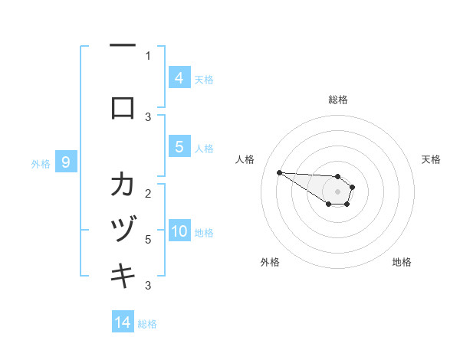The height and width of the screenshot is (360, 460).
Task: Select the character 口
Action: pos(123,108)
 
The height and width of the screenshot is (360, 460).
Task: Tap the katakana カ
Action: pos(123,186)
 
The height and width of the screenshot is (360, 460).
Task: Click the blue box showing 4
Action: pos(179,78)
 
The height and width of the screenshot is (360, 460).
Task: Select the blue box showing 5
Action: pos(179,148)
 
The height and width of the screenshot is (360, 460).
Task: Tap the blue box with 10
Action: pos(179,232)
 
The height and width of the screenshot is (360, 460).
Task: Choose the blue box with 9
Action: pos(66,162)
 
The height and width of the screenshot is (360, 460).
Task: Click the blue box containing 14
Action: pos(123,323)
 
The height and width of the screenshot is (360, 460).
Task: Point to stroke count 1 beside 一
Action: pos(148,55)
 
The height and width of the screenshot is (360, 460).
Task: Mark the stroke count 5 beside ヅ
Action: pos(148,240)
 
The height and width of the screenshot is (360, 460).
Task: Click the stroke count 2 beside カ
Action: pos(148,192)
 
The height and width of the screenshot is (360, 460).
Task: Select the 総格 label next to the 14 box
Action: pos(147,324)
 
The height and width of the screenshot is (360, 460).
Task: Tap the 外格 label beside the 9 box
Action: pos(41,163)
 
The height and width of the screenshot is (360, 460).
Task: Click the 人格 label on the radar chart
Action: pos(245,159)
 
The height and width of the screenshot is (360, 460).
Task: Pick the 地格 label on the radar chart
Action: pos(402,262)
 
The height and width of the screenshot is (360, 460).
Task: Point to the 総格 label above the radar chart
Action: pos(338,100)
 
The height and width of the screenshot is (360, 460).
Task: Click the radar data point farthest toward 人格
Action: pos(279,172)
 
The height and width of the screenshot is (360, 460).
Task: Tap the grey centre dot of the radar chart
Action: pos(338,191)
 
